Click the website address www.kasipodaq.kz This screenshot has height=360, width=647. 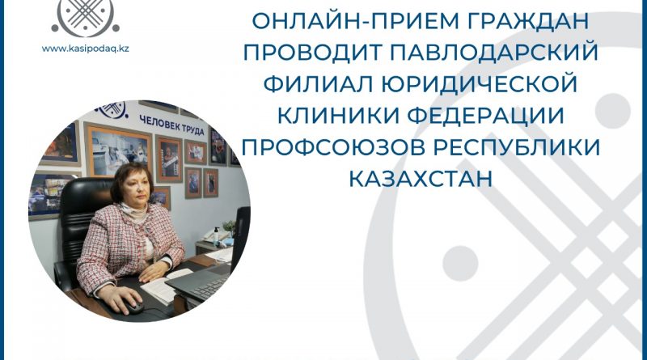(x=86, y=49)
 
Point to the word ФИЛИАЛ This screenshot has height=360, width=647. (x=318, y=84)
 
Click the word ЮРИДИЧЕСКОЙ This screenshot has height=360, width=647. (x=479, y=84)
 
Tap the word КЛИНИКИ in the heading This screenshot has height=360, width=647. (x=338, y=116)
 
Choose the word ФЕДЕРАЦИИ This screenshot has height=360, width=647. (x=486, y=116)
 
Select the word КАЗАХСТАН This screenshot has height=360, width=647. (x=421, y=179)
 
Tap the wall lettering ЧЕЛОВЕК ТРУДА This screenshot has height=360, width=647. (x=171, y=125)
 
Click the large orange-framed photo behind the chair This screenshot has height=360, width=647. (x=118, y=150)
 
